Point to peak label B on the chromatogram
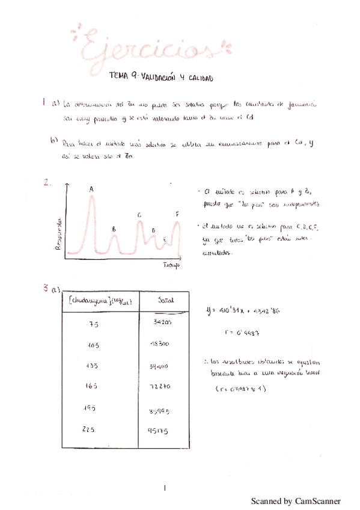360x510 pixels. click(114, 229)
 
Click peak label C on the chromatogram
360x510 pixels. click(139, 215)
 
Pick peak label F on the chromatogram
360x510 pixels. click(177, 214)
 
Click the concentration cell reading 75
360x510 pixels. click(93, 324)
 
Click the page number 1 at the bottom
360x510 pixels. click(164, 488)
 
